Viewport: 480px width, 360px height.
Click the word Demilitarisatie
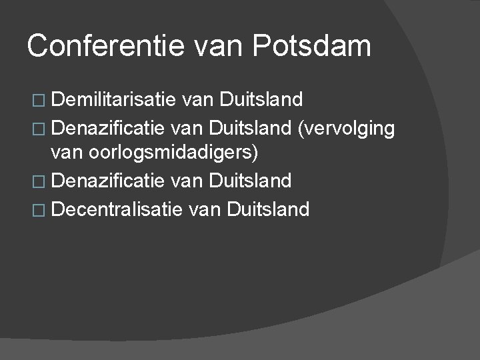point(113,100)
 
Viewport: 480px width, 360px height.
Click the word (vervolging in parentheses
point(347,127)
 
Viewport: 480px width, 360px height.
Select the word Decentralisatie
point(117,209)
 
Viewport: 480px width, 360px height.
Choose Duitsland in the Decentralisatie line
point(269,209)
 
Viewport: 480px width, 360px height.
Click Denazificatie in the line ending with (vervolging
point(107,127)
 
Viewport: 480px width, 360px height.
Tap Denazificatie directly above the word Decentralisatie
point(107,181)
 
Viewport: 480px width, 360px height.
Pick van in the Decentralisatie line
point(205,209)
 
